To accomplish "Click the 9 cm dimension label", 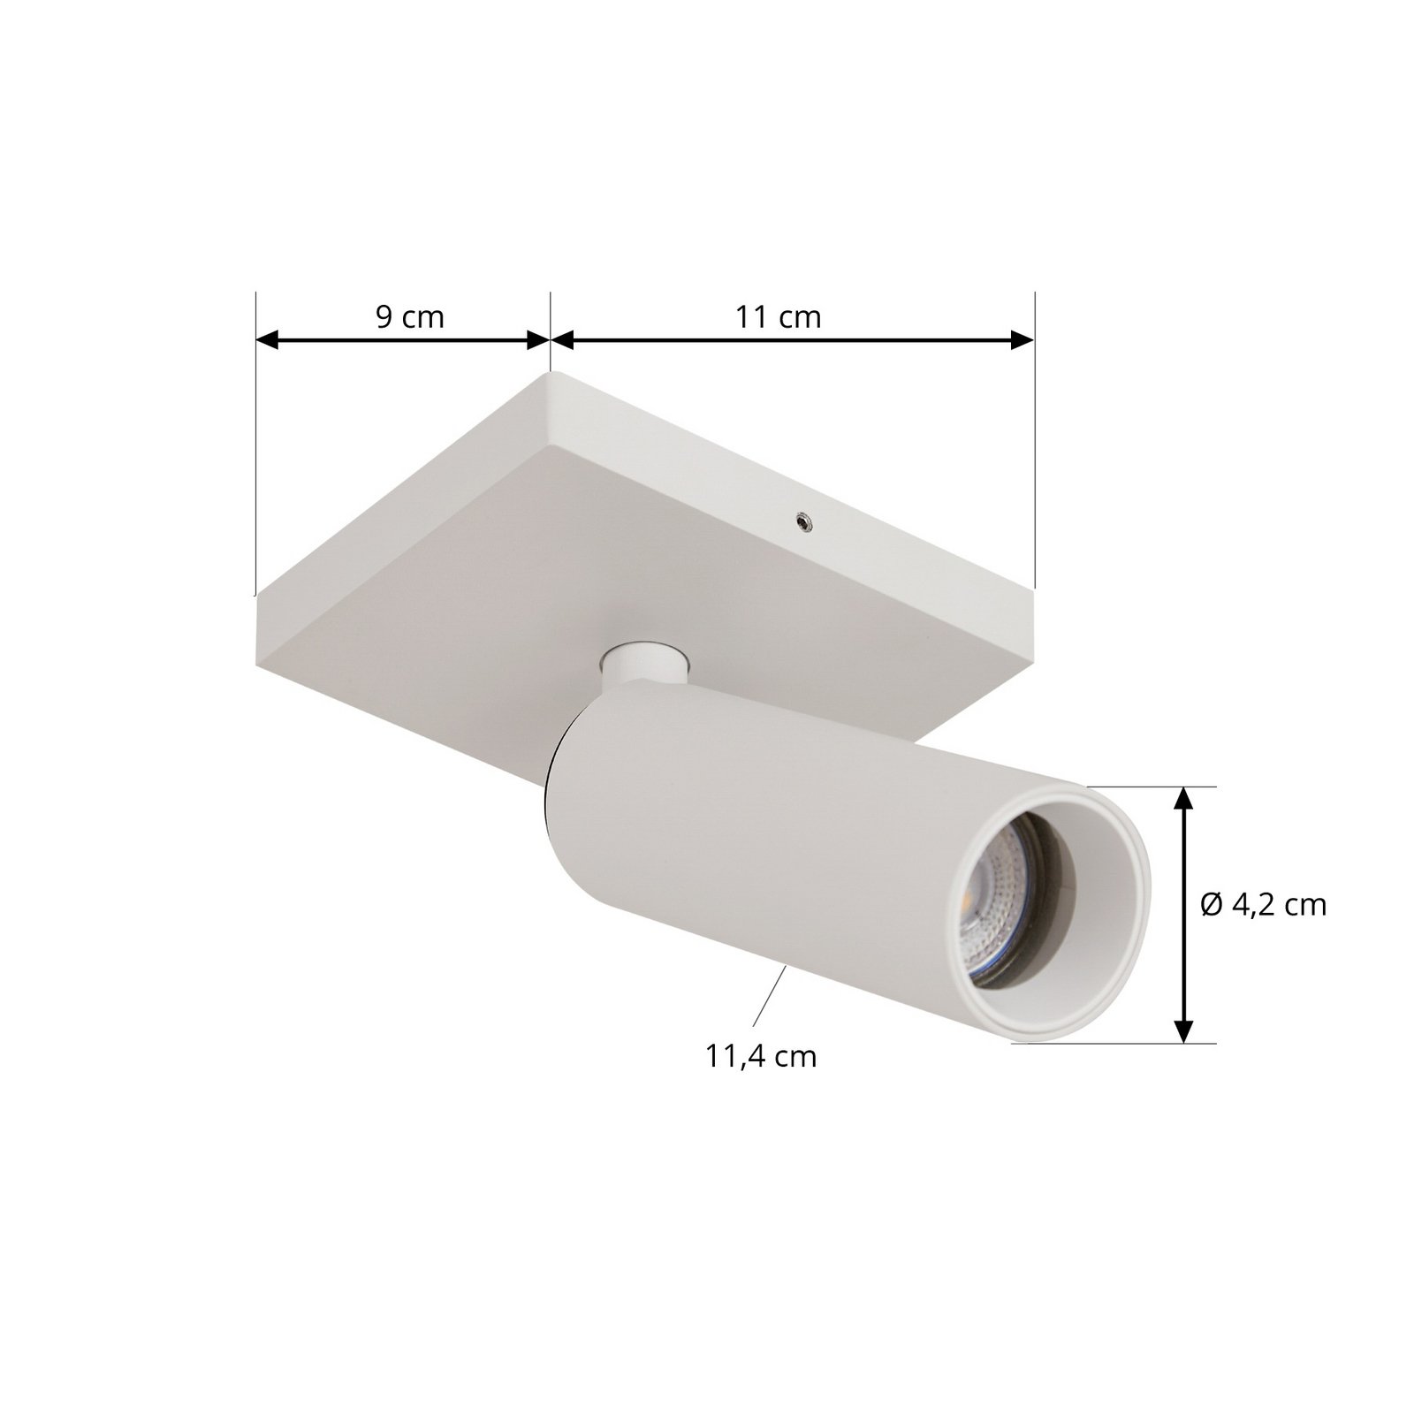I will (x=410, y=316).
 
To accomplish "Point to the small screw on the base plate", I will (x=804, y=523).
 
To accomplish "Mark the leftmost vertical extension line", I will (x=255, y=442).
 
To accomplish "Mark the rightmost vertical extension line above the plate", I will (x=1034, y=442).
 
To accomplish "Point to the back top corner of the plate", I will (x=550, y=375).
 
